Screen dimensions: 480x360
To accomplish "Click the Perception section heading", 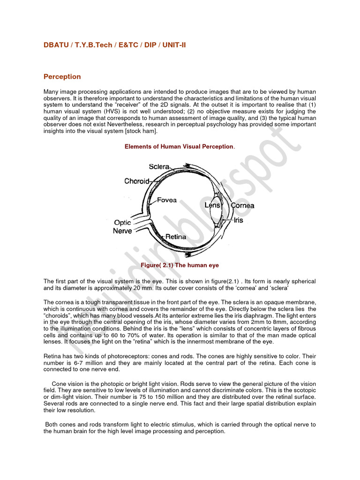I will click(62, 76).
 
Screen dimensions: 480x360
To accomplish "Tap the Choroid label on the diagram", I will click(137, 181).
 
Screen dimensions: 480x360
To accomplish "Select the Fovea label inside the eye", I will click(167, 200).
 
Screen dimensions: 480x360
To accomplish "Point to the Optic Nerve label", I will click(122, 227).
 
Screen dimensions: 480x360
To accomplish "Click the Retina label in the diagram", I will click(175, 237).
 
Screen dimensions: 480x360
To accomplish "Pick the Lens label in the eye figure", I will click(212, 205).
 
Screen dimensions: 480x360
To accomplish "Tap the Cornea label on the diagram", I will click(242, 205).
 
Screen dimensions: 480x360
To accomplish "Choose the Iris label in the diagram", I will click(239, 220).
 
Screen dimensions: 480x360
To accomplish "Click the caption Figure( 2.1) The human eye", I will click(180, 265).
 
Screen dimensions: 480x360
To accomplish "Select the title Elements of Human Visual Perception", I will click(179, 147).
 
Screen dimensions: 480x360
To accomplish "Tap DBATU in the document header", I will click(55, 45).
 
